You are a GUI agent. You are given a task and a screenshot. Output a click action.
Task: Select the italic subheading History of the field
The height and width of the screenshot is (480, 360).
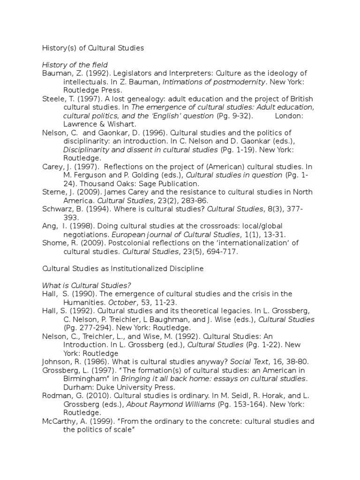75,65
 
